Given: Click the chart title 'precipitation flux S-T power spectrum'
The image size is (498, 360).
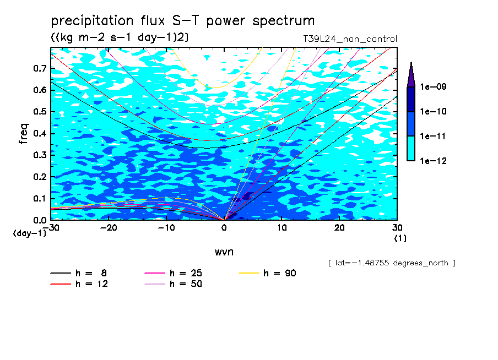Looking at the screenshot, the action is [183, 21].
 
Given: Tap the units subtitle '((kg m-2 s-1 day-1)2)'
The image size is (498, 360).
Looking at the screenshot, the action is [120, 37].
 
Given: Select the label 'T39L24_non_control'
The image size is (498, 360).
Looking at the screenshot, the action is [350, 39].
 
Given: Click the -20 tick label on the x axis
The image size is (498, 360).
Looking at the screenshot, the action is [109, 228].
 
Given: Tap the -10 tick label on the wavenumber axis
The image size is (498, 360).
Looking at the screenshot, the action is [166, 228].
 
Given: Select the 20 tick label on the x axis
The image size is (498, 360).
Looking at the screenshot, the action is [339, 228].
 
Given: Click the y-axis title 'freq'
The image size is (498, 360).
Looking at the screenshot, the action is [24, 134].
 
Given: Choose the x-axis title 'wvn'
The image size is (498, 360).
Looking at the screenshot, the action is [224, 252].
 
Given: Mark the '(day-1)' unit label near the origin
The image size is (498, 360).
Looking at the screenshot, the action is [30, 233].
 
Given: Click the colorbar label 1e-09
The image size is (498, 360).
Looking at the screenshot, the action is [433, 86].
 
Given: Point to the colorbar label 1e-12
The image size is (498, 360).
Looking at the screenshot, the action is [433, 161].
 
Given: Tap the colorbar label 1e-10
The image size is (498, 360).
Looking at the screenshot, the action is [433, 111].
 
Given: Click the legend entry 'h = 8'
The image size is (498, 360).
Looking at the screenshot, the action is [79, 273].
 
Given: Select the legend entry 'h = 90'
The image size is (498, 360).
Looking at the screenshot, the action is [267, 273].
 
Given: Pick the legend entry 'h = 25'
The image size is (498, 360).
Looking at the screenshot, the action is [173, 273].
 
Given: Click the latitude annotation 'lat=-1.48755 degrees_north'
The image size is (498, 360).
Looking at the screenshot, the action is [392, 263].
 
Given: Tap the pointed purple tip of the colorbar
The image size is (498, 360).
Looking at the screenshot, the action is [412, 62].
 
